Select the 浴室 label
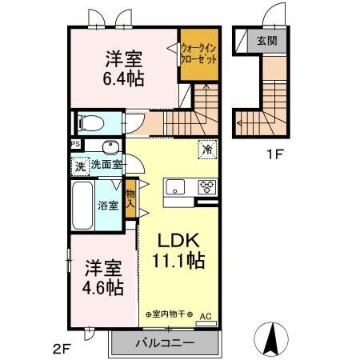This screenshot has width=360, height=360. pos(109,206)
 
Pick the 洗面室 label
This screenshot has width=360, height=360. pos(105,166)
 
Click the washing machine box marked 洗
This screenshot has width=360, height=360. pos(80,167)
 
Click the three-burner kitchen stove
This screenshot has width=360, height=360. pos(206,188)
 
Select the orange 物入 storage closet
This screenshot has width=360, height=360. pos(130,196)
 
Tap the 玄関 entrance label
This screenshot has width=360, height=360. pos(266,41)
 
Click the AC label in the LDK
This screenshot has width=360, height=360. pos(205,315)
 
